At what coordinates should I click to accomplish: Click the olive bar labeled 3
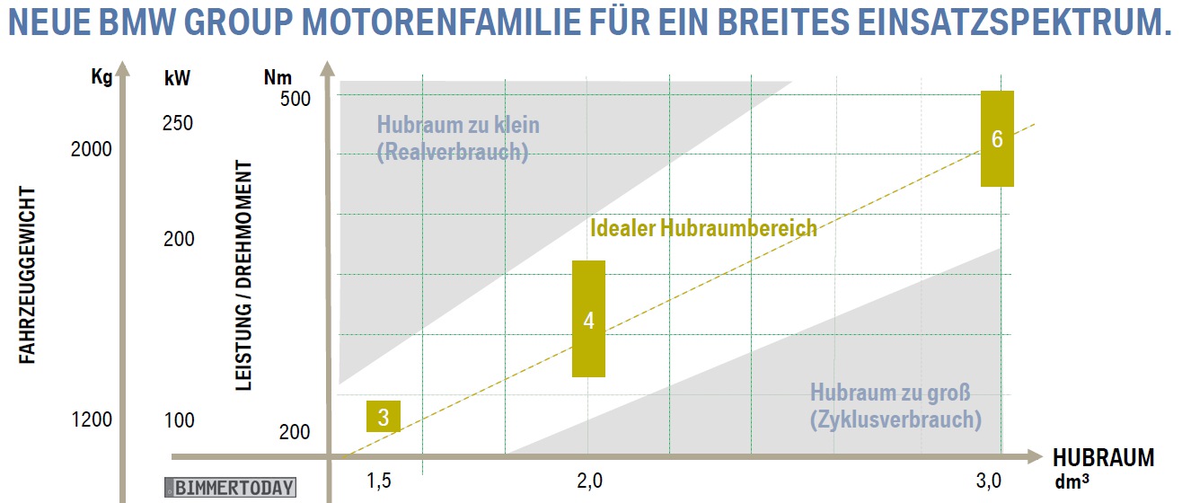pyautogui.click(x=383, y=417)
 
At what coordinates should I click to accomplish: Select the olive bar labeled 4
pyautogui.click(x=588, y=319)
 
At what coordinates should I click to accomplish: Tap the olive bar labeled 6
pyautogui.click(x=997, y=138)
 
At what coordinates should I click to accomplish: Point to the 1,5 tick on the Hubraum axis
pyautogui.click(x=379, y=481)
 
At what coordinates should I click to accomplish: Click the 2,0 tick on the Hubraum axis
pyautogui.click(x=589, y=481)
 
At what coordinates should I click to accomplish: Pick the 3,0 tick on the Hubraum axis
pyautogui.click(x=989, y=481)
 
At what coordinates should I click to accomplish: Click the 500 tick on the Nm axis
pyautogui.click(x=294, y=98)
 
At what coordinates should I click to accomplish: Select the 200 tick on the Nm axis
pyautogui.click(x=294, y=432)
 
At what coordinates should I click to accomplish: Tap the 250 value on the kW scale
pyautogui.click(x=178, y=122)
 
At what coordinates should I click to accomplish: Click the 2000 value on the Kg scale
pyautogui.click(x=92, y=148)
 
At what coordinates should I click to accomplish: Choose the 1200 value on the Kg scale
pyautogui.click(x=92, y=419)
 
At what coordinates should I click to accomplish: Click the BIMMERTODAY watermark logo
pyautogui.click(x=229, y=488)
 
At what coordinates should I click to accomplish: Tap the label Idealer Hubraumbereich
pyautogui.click(x=703, y=228)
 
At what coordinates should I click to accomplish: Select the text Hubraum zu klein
pyautogui.click(x=458, y=125)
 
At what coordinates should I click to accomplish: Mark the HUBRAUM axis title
pyautogui.click(x=1103, y=458)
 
